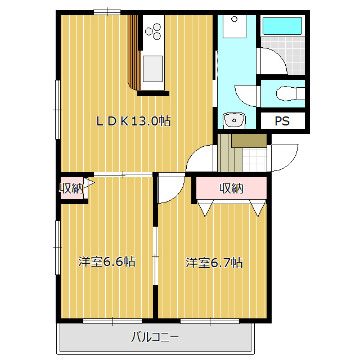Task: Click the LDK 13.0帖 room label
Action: (x=133, y=121)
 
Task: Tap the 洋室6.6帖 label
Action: (x=107, y=262)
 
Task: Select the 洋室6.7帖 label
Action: (x=214, y=263)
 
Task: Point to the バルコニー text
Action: (x=155, y=337)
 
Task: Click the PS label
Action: (x=282, y=121)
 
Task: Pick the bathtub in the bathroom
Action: (x=282, y=26)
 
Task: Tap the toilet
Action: (x=290, y=93)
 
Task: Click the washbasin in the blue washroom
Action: (x=234, y=120)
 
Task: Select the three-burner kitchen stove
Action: (x=153, y=31)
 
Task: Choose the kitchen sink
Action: (x=152, y=69)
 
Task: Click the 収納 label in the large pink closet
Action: (x=231, y=188)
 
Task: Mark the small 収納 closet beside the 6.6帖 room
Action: (x=72, y=188)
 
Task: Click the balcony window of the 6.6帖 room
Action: (x=112, y=321)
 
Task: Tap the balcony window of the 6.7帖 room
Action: (x=210, y=321)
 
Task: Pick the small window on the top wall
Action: (x=107, y=12)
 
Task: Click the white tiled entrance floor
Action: (x=254, y=160)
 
